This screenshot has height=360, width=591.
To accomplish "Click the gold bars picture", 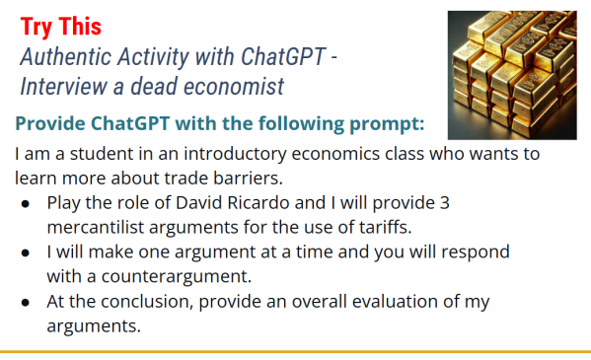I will [x=511, y=75].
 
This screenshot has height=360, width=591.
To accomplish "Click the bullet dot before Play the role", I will [x=26, y=204].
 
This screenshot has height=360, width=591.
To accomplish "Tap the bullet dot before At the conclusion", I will [x=26, y=301].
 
